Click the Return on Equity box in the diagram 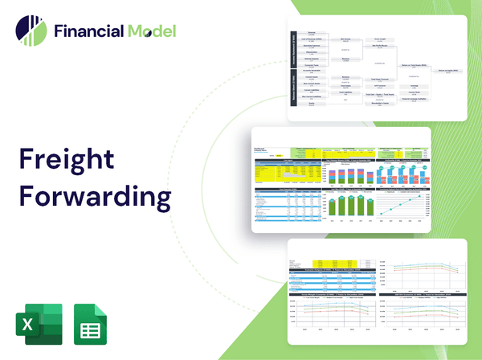(x=446, y=72)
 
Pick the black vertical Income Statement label (x=294, y=48)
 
